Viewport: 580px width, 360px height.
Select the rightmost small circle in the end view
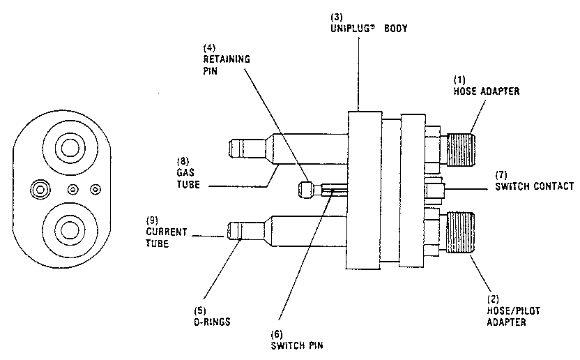tap(96, 188)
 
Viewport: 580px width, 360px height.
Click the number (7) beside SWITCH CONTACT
tap(501, 174)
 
